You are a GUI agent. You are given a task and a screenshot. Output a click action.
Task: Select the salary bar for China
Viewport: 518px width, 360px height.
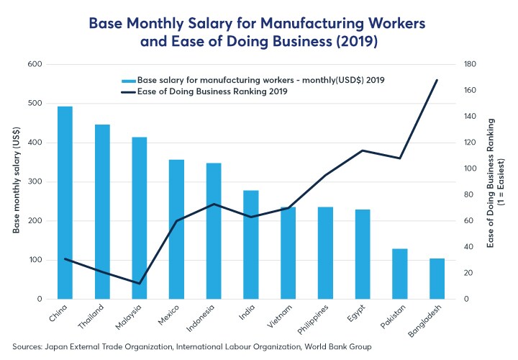[65, 202]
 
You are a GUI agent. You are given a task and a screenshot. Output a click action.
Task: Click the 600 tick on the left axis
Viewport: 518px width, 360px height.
[34, 64]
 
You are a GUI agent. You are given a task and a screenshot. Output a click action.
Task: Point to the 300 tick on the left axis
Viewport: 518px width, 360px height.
[34, 181]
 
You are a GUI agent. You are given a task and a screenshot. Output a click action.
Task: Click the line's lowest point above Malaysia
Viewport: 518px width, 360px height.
[140, 283]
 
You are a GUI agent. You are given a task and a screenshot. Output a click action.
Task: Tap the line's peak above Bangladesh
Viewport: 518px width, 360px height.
[437, 80]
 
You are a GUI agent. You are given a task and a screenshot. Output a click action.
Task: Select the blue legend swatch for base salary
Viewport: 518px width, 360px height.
[129, 80]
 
